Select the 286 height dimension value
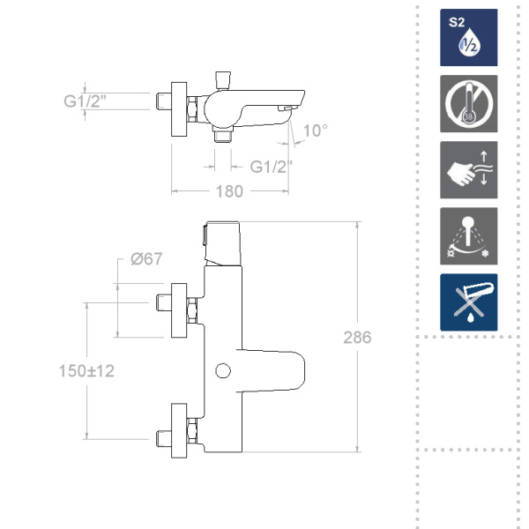click(x=358, y=338)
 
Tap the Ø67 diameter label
click(x=146, y=258)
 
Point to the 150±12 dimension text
click(x=88, y=371)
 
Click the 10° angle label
click(x=315, y=130)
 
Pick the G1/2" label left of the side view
click(x=86, y=101)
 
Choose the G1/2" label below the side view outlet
click(x=272, y=166)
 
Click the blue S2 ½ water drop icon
click(x=469, y=38)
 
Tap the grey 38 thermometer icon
click(x=469, y=104)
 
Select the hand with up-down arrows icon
click(x=469, y=170)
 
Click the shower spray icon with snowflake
click(x=469, y=236)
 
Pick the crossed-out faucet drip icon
click(x=469, y=302)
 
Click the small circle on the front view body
click(x=222, y=370)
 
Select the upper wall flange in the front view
click(x=181, y=309)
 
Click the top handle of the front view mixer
click(x=222, y=240)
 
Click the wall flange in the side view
click(x=179, y=109)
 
